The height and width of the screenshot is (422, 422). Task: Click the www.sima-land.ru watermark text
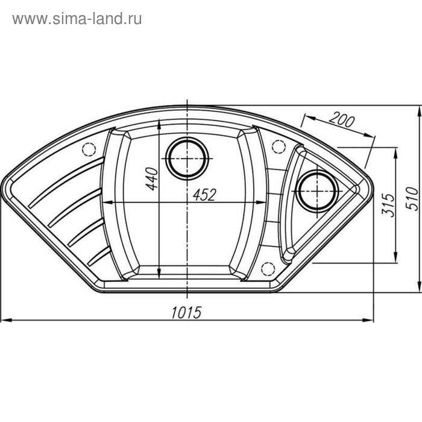pos(77,19)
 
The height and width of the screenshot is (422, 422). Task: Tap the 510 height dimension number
pos(412,197)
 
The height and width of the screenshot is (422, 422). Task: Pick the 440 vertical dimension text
pos(151,179)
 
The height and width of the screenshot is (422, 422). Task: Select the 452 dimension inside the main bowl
pos(204,194)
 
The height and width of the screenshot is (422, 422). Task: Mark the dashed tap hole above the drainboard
pos(90,149)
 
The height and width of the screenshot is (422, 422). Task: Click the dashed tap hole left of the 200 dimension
pos(279,146)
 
